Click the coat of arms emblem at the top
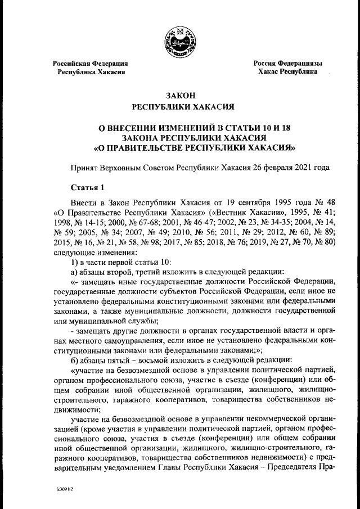(179, 43)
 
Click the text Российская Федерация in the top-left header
(90, 64)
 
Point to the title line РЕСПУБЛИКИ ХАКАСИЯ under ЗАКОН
(179, 106)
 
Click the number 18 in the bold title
(255, 128)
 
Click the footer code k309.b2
(65, 489)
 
